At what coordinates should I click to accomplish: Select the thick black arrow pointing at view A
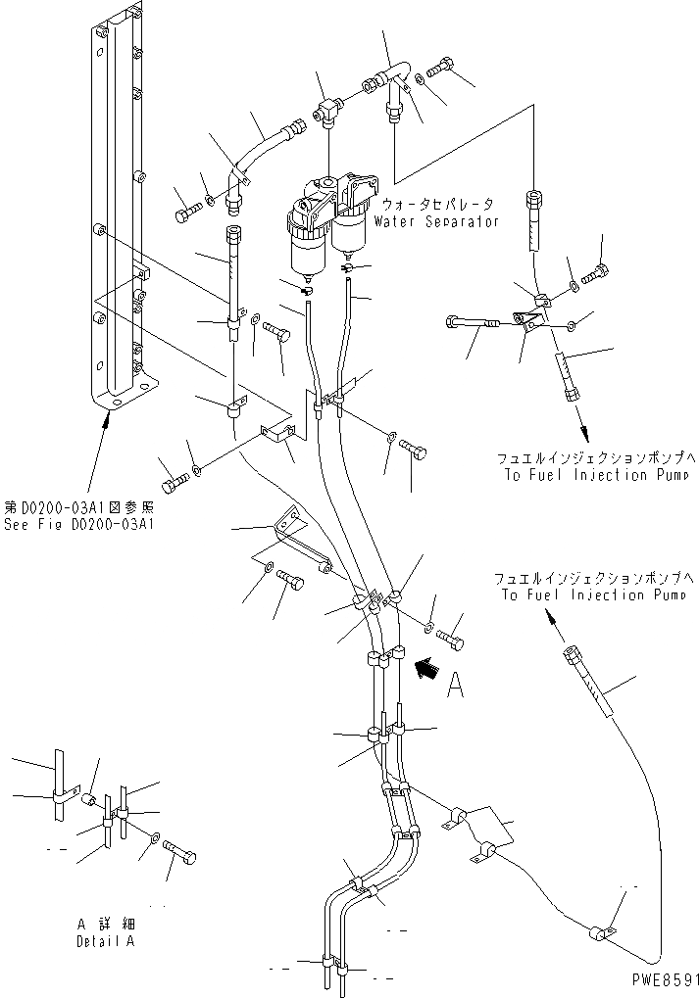tap(426, 669)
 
